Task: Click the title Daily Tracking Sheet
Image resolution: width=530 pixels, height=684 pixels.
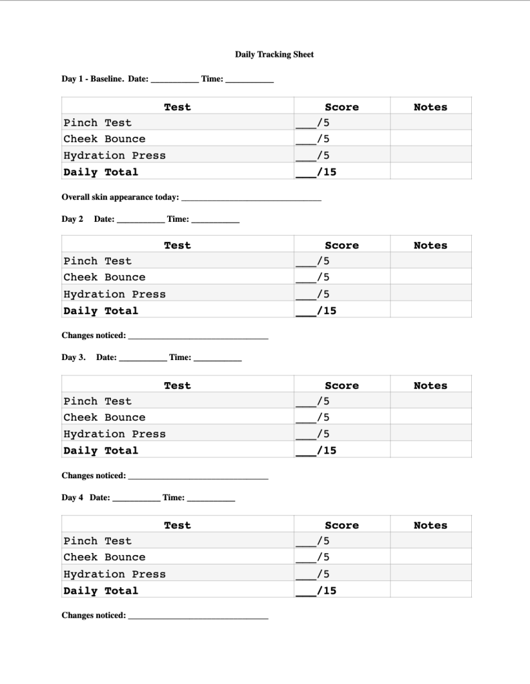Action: click(274, 54)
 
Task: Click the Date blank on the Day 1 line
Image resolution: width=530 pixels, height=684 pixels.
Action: click(174, 79)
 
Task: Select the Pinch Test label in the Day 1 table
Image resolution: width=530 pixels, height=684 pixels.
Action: click(98, 122)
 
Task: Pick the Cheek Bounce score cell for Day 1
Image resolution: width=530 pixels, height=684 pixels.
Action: click(342, 139)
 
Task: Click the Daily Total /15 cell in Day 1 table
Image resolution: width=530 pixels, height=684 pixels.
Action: click(342, 172)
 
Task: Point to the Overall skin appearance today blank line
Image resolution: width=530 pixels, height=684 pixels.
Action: click(251, 198)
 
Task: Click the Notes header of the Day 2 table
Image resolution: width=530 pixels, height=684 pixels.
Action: click(430, 245)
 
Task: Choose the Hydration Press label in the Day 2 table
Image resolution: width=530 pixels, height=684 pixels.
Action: click(114, 294)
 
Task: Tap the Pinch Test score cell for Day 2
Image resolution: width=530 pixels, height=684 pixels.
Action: click(342, 261)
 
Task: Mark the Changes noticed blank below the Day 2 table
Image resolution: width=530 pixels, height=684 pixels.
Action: click(198, 336)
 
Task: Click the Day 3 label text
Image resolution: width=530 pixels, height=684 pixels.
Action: click(74, 357)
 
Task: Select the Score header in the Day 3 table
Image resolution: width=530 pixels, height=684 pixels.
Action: click(342, 385)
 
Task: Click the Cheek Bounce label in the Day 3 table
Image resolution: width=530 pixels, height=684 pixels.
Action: click(104, 417)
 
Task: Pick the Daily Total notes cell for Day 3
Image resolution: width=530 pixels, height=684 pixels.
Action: click(430, 450)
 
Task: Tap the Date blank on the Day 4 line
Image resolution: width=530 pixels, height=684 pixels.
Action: click(136, 498)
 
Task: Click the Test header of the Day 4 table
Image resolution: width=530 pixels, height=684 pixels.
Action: click(177, 525)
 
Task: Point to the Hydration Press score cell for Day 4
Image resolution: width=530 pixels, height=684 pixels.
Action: click(342, 574)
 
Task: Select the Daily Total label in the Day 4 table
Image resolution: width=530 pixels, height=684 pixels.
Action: click(101, 590)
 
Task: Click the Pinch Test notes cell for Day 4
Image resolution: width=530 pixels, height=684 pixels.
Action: click(430, 541)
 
